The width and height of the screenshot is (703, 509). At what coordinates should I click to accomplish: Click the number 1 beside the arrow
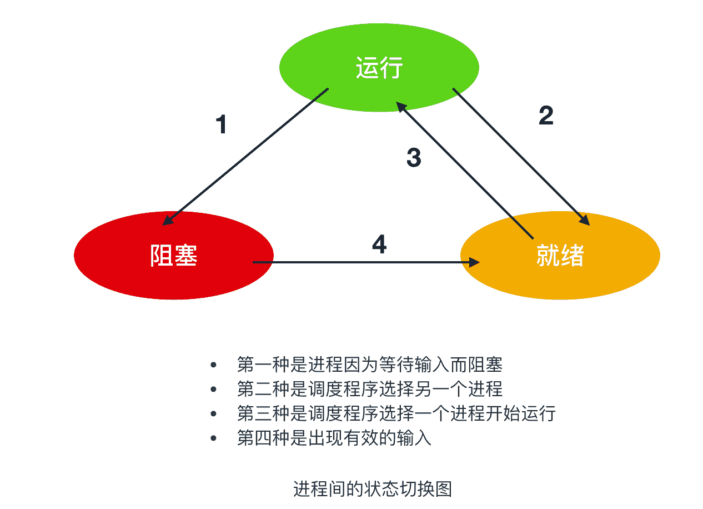tap(221, 124)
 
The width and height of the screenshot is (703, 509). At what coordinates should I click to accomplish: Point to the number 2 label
tap(546, 116)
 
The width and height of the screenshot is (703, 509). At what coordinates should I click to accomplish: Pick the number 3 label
tap(414, 158)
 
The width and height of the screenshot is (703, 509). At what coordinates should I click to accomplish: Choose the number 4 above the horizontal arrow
tap(379, 245)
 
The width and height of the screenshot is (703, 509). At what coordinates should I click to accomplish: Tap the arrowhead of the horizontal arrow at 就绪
tap(474, 262)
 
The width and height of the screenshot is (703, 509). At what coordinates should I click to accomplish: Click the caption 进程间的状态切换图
tap(372, 489)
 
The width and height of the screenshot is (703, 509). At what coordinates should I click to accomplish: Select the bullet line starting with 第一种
tap(369, 365)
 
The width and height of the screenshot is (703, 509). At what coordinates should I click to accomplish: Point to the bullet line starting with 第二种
tap(369, 390)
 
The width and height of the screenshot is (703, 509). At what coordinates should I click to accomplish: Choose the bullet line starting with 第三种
tap(395, 414)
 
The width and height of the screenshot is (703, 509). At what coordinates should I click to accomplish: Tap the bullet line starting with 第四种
tap(334, 438)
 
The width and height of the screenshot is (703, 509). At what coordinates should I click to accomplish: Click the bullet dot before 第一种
tap(213, 365)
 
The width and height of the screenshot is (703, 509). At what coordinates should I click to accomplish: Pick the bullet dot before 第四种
tap(213, 438)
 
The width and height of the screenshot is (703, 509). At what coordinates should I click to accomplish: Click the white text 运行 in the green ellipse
tap(379, 68)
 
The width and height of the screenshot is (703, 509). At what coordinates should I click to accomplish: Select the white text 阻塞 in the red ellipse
tap(174, 256)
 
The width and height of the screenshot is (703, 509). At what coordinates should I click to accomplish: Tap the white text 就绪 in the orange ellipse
tap(560, 256)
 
